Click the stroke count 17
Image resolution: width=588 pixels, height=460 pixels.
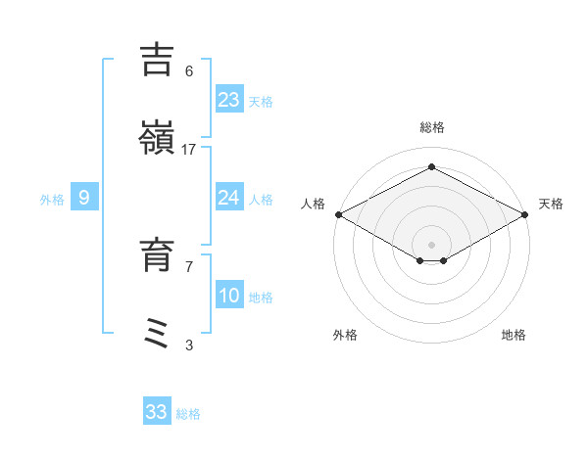[x=189, y=149]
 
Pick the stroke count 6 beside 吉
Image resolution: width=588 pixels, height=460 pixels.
[x=189, y=71]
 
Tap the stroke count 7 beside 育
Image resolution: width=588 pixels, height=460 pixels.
[x=189, y=265]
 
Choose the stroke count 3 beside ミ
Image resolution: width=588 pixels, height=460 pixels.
[x=189, y=345]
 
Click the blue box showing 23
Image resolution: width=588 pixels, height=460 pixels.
[x=229, y=100]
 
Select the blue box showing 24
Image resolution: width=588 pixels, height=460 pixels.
[x=229, y=198]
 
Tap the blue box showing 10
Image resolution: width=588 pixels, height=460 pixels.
[x=229, y=296]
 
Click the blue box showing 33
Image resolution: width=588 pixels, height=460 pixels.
[x=157, y=412]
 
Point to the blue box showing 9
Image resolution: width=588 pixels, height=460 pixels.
[x=84, y=198]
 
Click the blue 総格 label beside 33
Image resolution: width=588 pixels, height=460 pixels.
[x=188, y=414]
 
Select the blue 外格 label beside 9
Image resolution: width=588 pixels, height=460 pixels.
[x=52, y=200]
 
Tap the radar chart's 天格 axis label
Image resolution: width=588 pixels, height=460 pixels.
[x=551, y=204]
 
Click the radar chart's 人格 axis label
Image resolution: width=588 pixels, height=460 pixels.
[x=313, y=204]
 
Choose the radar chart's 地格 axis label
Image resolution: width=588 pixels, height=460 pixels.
[x=514, y=335]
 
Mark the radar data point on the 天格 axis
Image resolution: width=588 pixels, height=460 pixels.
[x=526, y=214]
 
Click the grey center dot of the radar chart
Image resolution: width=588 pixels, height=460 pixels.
[x=431, y=245]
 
